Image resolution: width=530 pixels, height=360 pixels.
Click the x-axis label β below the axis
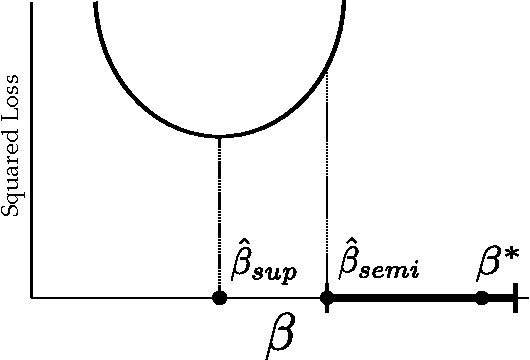pos(281,337)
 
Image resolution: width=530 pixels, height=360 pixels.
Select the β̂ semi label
pos(379,262)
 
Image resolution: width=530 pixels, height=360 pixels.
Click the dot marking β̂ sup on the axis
pos(219,298)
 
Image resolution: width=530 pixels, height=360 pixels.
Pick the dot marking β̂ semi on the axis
pos(326,298)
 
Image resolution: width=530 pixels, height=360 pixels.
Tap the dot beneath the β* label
pos(482,298)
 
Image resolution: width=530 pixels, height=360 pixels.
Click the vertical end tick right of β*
pos(514,298)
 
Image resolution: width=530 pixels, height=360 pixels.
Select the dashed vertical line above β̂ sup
pos(219,215)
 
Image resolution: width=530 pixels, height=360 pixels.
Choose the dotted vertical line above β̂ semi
pos(327,200)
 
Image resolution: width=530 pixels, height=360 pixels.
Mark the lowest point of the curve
pos(219,136)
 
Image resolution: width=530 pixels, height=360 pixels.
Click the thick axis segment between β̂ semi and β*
pos(405,298)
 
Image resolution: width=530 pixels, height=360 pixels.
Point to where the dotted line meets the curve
pos(327,72)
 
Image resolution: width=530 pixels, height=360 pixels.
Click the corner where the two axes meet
pos(32,298)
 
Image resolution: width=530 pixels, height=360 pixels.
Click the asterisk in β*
pos(512,254)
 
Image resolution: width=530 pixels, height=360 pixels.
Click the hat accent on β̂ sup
pos(240,243)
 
